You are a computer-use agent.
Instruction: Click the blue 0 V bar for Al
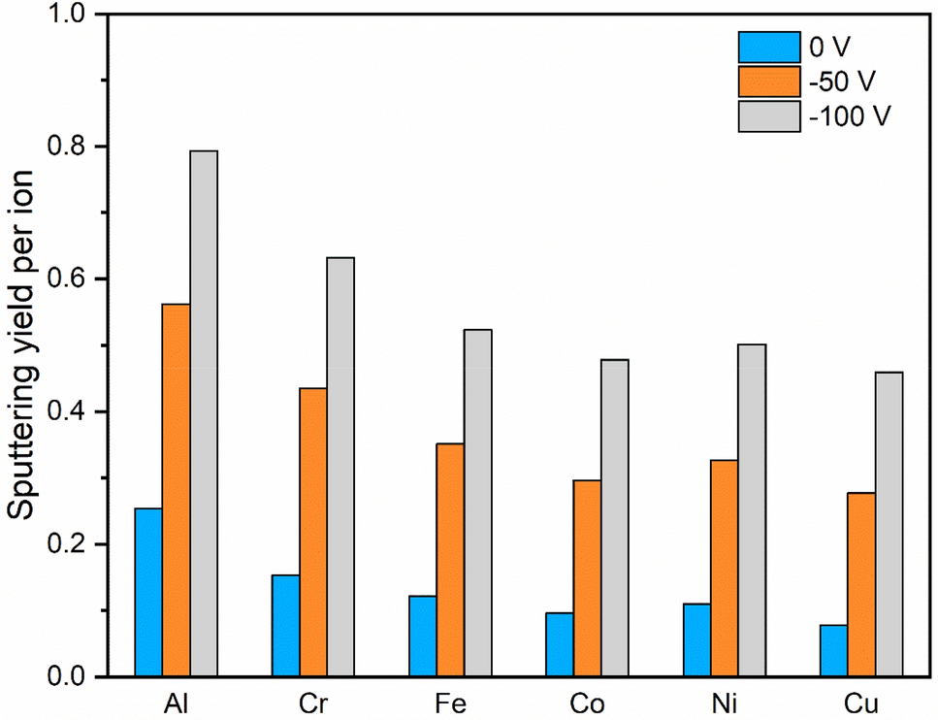coord(148,592)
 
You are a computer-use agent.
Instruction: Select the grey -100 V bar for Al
coord(204,413)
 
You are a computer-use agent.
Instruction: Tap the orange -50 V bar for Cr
coord(312,532)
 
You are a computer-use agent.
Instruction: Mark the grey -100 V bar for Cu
coord(889,524)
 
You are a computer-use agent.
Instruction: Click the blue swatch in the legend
coord(769,47)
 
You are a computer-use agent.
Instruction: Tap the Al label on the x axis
coord(177,702)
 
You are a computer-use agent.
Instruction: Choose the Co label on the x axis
coord(587,702)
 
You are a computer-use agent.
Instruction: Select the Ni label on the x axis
coord(724,702)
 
